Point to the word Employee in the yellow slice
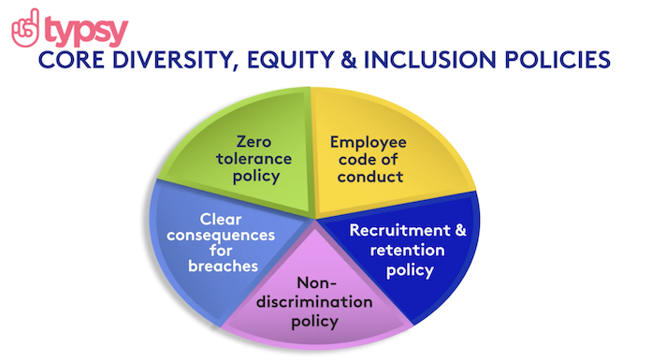tap(369, 141)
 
